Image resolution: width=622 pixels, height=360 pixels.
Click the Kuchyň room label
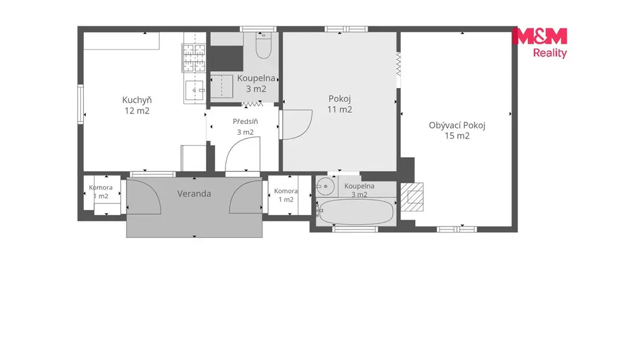pos(137,100)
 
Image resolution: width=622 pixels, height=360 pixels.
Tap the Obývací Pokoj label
pos(457,125)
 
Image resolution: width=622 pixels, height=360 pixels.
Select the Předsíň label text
pos(245,121)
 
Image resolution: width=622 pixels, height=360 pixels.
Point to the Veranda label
pos(194,194)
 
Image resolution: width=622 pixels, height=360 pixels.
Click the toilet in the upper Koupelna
pos(264,46)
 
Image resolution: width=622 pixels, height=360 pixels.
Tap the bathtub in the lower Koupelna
pos(356,211)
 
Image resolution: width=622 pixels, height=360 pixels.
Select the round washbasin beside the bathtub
pos(326,186)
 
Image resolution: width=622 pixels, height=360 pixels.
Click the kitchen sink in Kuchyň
pos(194,90)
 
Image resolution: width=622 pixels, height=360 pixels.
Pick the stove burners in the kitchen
pos(194,58)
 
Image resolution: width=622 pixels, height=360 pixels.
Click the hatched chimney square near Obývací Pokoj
pos(412,197)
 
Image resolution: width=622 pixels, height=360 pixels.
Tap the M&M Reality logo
pos(539,43)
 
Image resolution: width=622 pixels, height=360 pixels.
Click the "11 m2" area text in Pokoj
pos(340,109)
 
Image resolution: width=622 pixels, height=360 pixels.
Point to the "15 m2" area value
pos(457,136)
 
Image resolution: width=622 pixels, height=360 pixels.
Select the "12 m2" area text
pos(137,111)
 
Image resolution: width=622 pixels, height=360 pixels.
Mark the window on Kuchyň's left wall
pos(81,104)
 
